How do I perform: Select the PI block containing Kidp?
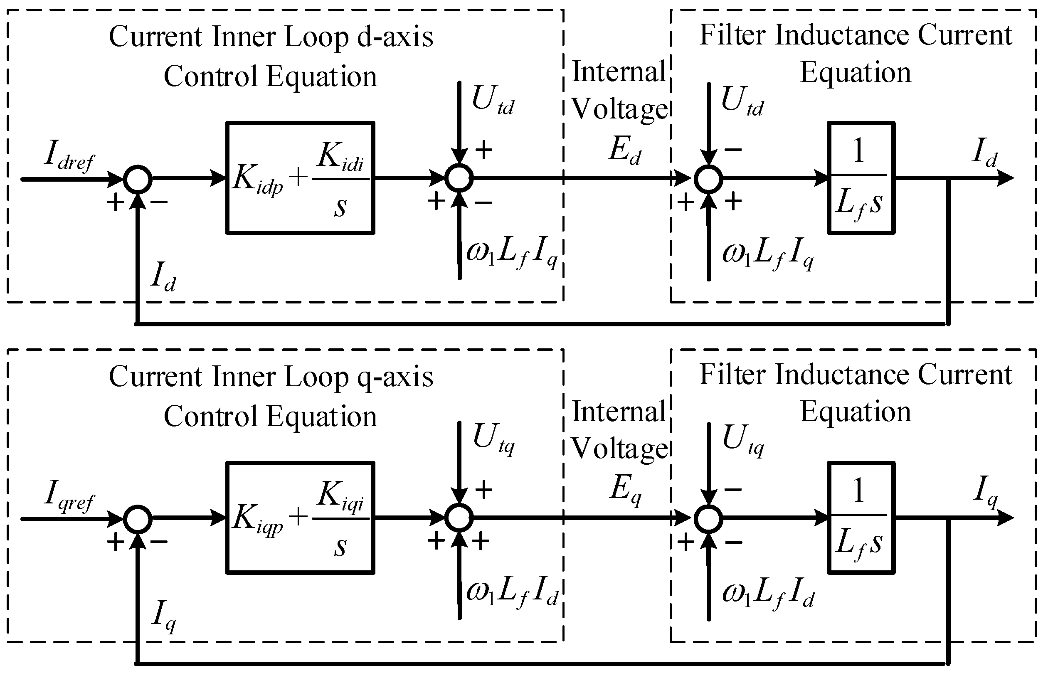click(300, 178)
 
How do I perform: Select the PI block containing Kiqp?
click(300, 518)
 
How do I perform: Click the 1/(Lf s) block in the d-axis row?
click(861, 178)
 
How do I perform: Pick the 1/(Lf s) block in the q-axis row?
click(861, 518)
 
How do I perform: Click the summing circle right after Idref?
click(138, 179)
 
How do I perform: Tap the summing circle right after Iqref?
click(138, 519)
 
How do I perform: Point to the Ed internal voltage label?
click(624, 151)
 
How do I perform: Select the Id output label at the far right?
click(984, 153)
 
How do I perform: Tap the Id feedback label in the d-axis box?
click(163, 276)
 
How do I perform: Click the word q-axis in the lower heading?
click(395, 377)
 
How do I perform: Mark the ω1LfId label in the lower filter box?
click(767, 593)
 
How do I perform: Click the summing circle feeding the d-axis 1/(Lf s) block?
click(708, 179)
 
